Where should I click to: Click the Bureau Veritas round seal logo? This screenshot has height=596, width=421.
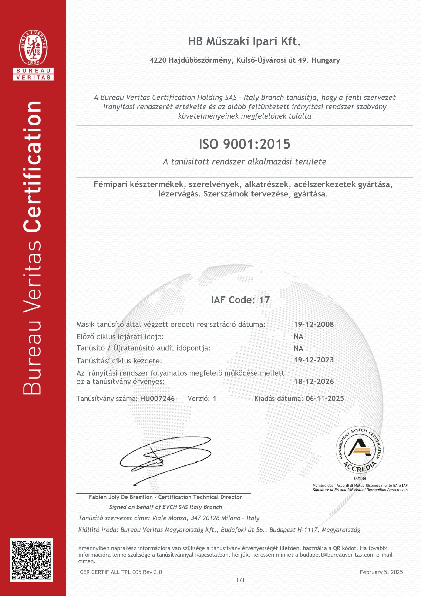pos(33,48)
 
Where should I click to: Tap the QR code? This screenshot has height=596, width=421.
pos(31,560)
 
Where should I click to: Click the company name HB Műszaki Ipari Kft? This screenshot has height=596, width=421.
pos(244,41)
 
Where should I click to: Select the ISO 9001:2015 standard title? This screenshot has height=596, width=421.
pos(244,144)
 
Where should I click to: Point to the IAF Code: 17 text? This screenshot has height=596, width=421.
pos(240,300)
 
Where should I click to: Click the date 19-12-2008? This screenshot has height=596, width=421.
pos(313,324)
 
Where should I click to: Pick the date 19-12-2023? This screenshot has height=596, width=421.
pos(313,360)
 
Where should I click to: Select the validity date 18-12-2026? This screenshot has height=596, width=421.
pos(313,381)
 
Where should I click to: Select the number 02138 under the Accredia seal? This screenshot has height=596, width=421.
pos(360,478)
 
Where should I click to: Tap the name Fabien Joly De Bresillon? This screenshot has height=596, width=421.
pos(121,497)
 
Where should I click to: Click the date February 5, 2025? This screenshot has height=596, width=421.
pos(381,572)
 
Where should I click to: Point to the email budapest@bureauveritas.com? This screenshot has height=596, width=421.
pos(337,555)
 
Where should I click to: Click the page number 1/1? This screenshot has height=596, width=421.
pos(240,580)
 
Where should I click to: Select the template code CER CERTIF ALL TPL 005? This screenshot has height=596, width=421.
pos(112,572)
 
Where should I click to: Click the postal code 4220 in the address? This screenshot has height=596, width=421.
pos(158,60)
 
